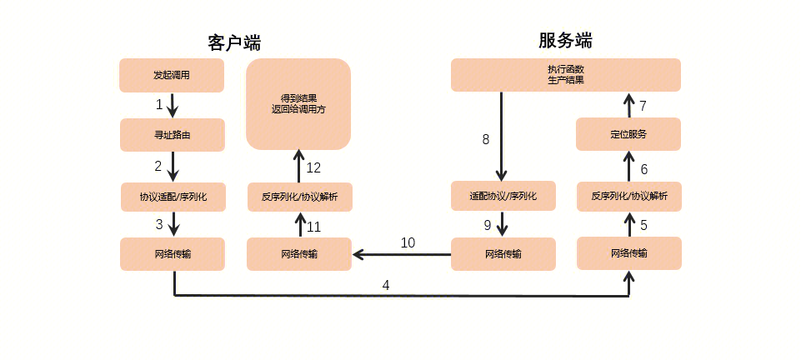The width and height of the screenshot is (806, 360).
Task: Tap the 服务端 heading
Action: pyautogui.click(x=565, y=41)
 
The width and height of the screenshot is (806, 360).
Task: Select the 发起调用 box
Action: pyautogui.click(x=172, y=75)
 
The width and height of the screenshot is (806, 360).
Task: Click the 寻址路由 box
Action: pyautogui.click(x=173, y=135)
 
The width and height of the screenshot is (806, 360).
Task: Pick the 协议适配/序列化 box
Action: pyautogui.click(x=173, y=197)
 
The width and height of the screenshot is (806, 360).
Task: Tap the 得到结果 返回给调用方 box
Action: pyautogui.click(x=298, y=103)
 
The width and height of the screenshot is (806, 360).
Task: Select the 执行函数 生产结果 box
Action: pyautogui.click(x=565, y=75)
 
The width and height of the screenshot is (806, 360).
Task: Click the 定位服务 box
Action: pyautogui.click(x=628, y=134)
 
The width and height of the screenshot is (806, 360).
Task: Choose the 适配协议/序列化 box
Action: pyautogui.click(x=503, y=197)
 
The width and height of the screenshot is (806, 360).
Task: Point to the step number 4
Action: pyautogui.click(x=386, y=285)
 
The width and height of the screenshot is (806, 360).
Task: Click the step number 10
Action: pyautogui.click(x=408, y=243)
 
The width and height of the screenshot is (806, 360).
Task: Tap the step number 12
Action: pyautogui.click(x=313, y=168)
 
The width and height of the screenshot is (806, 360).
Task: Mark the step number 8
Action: pyautogui.click(x=486, y=140)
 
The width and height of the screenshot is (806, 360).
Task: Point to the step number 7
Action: pyautogui.click(x=643, y=107)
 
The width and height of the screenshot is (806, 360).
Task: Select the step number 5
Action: pyautogui.click(x=643, y=225)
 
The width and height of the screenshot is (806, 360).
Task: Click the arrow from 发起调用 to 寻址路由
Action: pyautogui.click(x=173, y=105)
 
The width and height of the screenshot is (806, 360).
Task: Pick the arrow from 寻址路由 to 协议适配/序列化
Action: pyautogui.click(x=173, y=167)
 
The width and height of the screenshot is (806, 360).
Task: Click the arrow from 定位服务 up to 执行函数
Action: pyautogui.click(x=628, y=105)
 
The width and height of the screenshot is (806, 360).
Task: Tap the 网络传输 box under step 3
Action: pyautogui.click(x=173, y=254)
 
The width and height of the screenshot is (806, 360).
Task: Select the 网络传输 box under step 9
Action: pyautogui.click(x=503, y=254)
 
